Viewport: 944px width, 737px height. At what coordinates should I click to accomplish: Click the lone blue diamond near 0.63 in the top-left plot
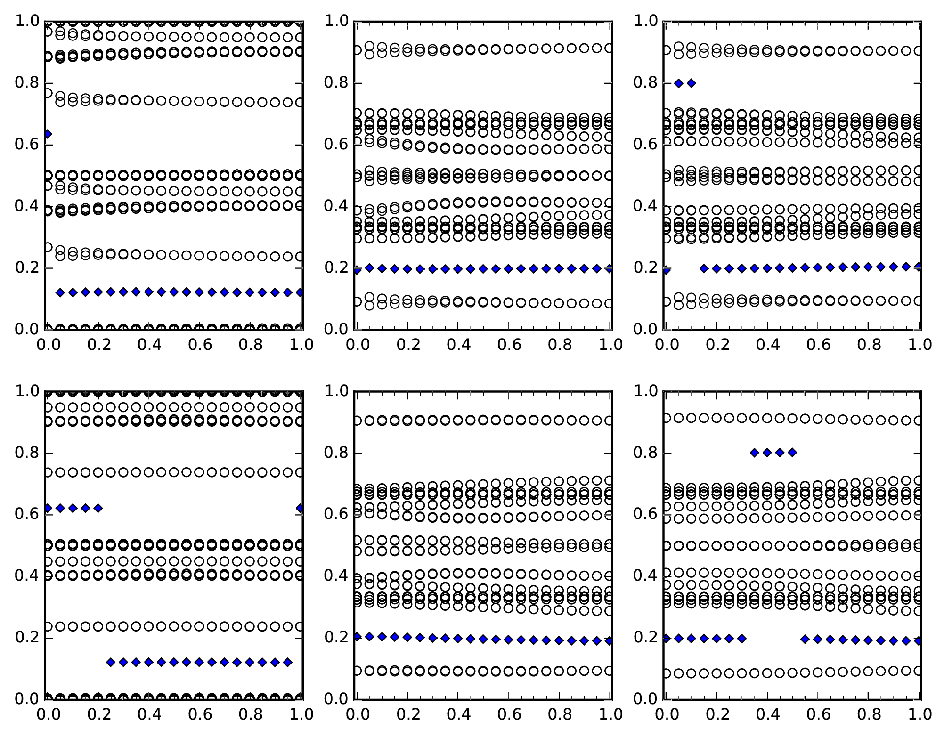48,134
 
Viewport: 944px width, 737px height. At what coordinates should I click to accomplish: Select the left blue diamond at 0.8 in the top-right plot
679,83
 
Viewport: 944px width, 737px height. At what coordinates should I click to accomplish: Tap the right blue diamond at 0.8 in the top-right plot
692,83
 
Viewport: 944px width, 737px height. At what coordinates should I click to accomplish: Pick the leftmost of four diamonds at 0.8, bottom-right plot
755,453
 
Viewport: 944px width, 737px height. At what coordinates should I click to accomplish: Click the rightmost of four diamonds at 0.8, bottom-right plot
792,453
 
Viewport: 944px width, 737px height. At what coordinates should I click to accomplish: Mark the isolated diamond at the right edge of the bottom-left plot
300,508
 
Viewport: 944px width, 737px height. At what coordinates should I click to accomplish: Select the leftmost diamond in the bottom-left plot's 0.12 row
111,662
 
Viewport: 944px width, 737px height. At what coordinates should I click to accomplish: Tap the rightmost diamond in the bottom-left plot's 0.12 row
288,662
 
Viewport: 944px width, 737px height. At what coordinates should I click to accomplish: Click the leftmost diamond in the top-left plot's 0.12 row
60,292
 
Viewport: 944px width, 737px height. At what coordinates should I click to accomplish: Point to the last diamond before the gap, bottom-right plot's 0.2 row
742,639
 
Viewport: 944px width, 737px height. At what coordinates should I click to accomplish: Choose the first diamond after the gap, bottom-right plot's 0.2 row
805,639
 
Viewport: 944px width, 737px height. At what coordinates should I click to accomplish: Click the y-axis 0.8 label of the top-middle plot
336,83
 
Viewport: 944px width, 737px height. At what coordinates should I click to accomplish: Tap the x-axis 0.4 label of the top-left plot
149,345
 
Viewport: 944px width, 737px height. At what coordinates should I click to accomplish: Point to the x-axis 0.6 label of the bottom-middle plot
509,714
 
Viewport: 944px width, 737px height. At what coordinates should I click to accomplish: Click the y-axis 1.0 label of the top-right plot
645,21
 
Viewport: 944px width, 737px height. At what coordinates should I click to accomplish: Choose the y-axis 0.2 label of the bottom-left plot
27,638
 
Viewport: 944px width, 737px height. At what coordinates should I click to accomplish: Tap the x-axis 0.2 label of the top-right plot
717,345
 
